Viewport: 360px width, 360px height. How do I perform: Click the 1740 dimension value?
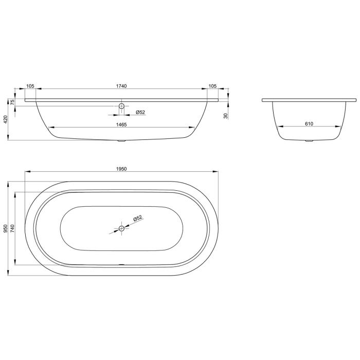tap(121, 86)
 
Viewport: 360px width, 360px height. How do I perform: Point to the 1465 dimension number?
tap(121, 124)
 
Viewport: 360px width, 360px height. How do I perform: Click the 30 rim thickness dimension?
tap(226, 116)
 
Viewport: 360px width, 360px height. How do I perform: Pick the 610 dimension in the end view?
tap(309, 124)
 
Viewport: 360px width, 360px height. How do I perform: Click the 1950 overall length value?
tap(121, 168)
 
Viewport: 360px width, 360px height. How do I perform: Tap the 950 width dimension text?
tap(6, 228)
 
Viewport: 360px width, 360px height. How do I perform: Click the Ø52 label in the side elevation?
tap(140, 112)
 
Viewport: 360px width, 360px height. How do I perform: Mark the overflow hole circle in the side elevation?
tap(121, 106)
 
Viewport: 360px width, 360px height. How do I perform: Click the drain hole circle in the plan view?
tap(121, 228)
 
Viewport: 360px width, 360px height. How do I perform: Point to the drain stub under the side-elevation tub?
tap(121, 141)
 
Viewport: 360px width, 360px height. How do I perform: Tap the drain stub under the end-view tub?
tap(309, 140)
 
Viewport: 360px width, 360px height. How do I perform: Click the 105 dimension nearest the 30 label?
tap(212, 86)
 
